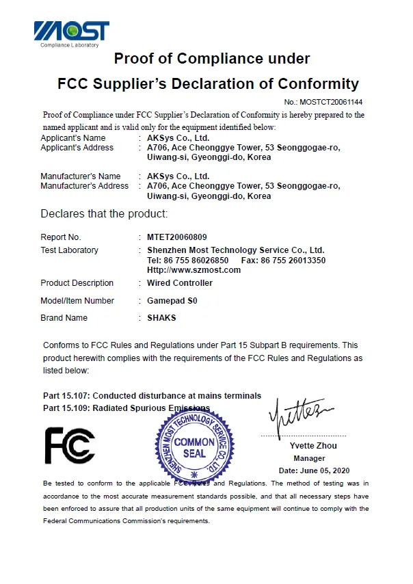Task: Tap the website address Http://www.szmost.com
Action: (x=194, y=270)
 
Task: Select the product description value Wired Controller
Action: (x=180, y=283)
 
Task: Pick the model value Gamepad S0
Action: (x=172, y=301)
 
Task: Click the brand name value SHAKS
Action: (x=161, y=318)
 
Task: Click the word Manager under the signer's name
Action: (x=309, y=458)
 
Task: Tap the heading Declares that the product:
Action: (x=104, y=214)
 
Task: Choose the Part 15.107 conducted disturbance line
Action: (x=152, y=396)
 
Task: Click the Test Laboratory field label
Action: (x=70, y=250)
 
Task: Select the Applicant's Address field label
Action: (x=77, y=148)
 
